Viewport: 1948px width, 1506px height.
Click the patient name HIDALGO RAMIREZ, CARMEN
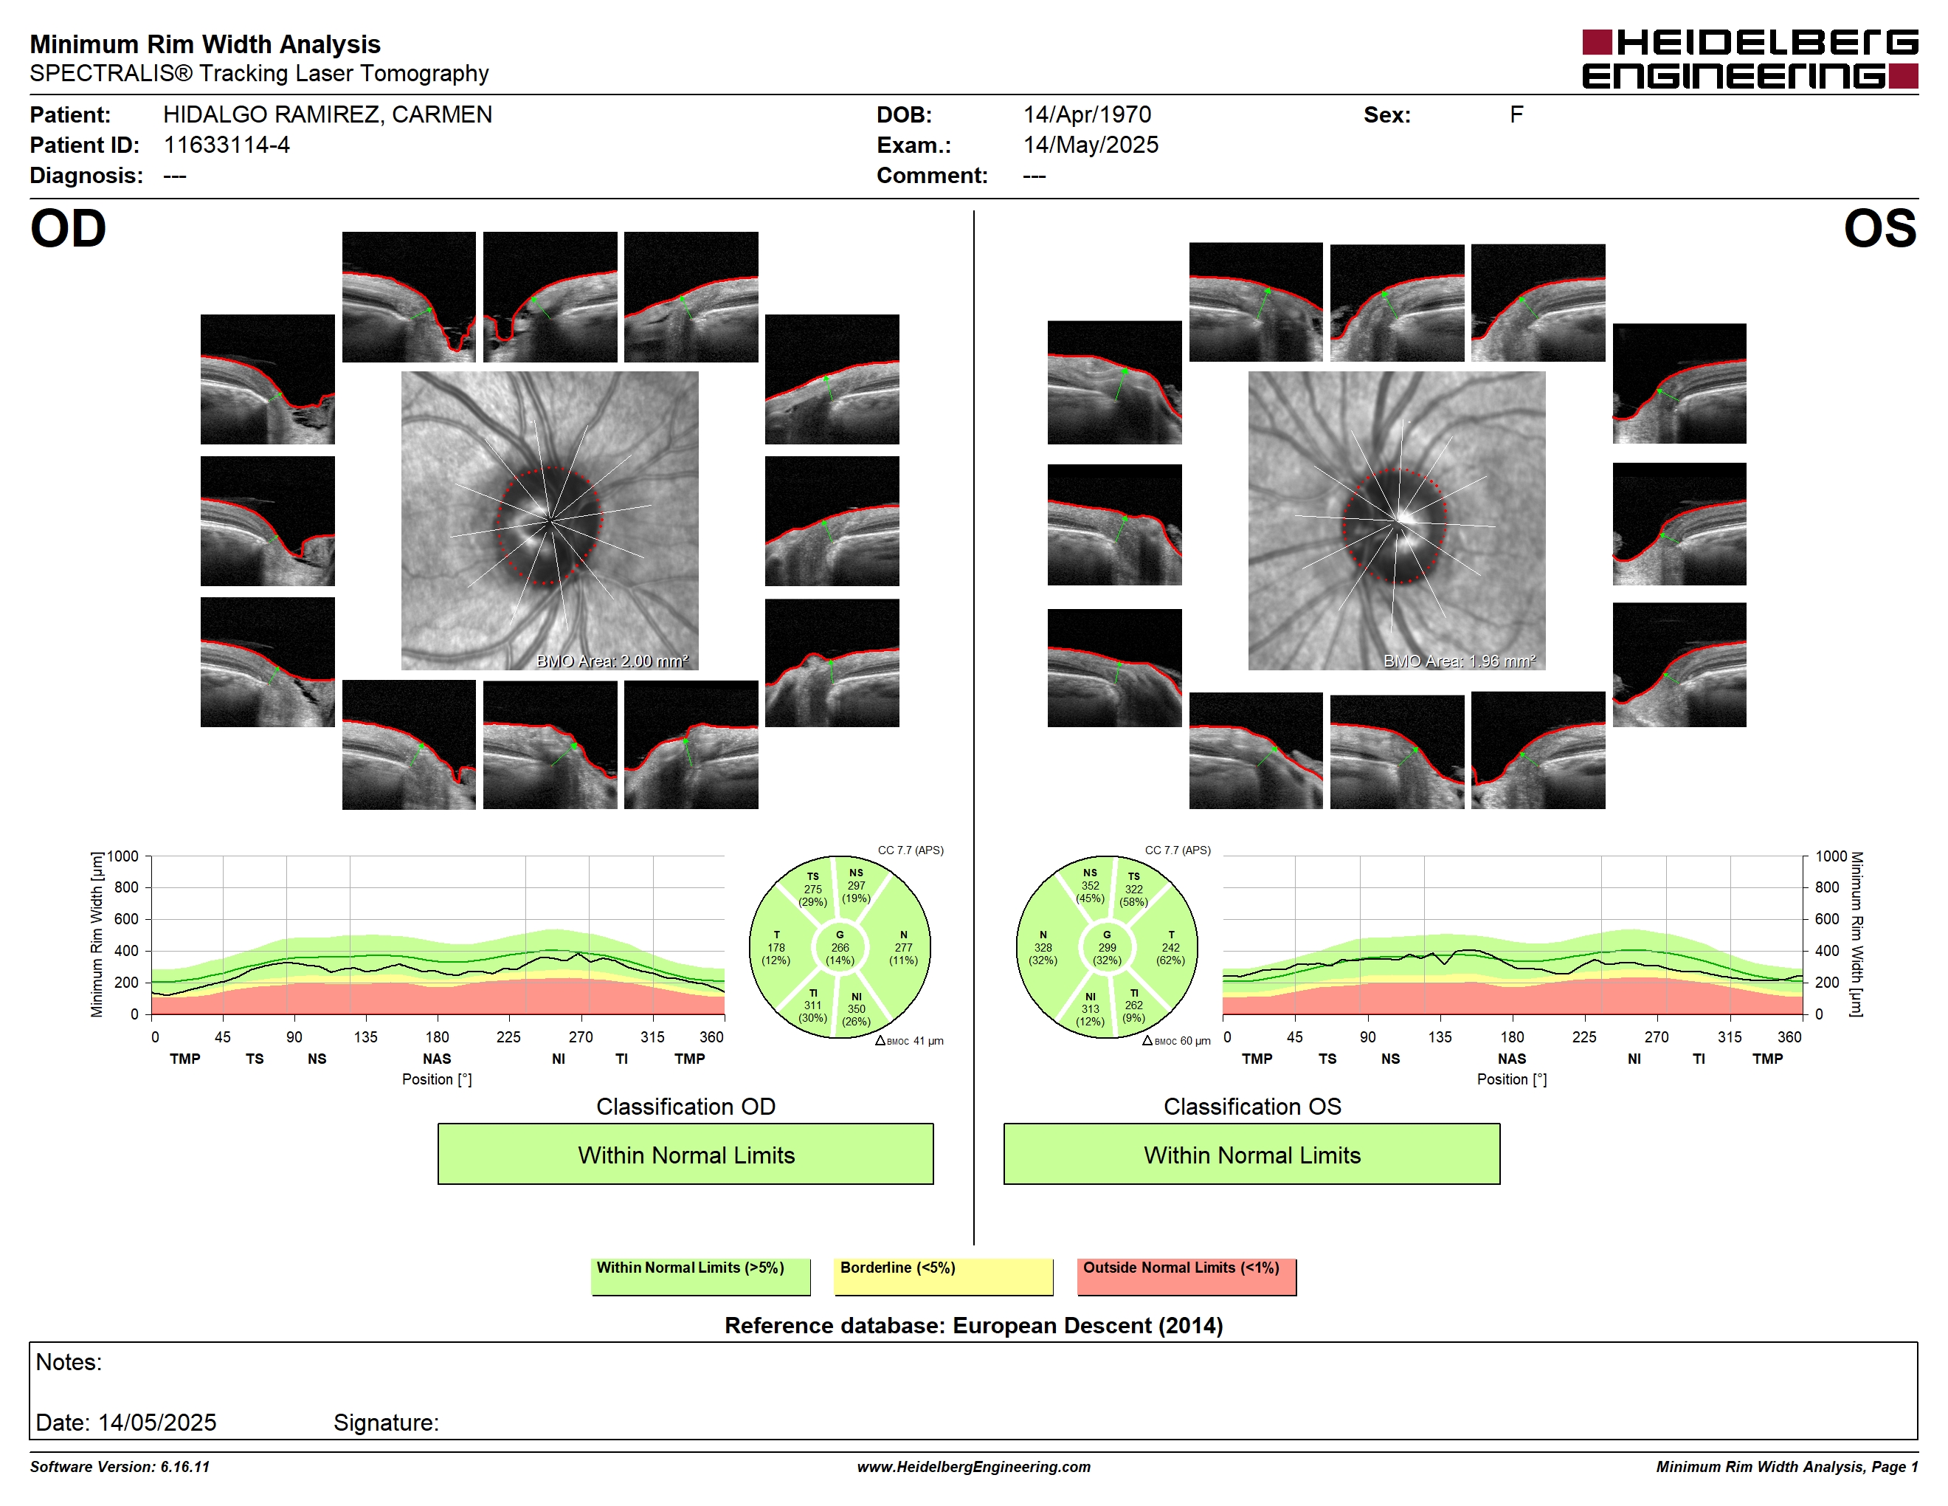pyautogui.click(x=328, y=114)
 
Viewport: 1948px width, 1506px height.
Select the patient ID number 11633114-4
pyautogui.click(x=227, y=145)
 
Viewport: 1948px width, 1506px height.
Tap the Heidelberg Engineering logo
pyautogui.click(x=1750, y=59)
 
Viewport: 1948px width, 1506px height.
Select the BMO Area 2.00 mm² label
pyautogui.click(x=612, y=661)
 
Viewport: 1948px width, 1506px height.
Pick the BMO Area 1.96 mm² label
pyautogui.click(x=1460, y=661)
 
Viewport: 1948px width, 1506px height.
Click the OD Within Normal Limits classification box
pyautogui.click(x=685, y=1154)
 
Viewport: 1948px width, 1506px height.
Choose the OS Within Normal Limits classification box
pyautogui.click(x=1251, y=1154)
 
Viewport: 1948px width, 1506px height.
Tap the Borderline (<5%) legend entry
pyautogui.click(x=943, y=1276)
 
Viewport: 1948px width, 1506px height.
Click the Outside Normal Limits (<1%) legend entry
pyautogui.click(x=1187, y=1276)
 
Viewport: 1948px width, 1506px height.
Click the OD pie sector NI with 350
pyautogui.click(x=856, y=1009)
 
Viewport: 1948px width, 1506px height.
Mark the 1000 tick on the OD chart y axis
pyautogui.click(x=123, y=856)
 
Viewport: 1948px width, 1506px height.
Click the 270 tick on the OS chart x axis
pyautogui.click(x=1657, y=1036)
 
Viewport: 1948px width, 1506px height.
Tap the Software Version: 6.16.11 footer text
pyautogui.click(x=120, y=1467)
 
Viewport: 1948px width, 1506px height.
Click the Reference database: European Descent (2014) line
pyautogui.click(x=973, y=1326)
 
